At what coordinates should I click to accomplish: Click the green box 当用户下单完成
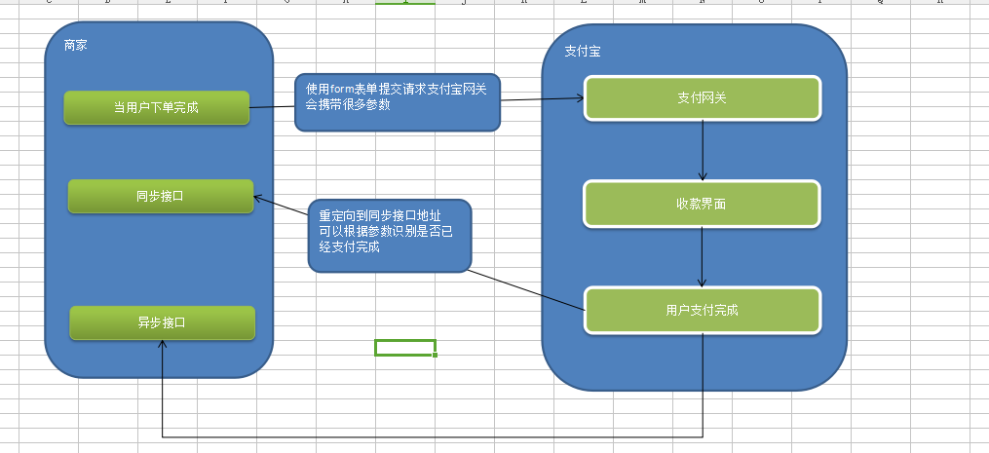(156, 107)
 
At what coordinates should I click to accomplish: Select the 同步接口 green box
(160, 196)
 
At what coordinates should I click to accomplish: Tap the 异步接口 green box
(162, 322)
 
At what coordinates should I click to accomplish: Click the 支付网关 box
(702, 97)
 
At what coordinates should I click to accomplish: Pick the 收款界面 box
(702, 204)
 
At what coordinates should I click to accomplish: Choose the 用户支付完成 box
(702, 311)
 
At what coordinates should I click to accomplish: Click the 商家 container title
(75, 46)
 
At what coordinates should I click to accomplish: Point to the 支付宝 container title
(582, 52)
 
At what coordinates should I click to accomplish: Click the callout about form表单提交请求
(398, 102)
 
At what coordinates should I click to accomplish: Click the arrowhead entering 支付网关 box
(579, 97)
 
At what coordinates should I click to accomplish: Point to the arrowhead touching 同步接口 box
(258, 198)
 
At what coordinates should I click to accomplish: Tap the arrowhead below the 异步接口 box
(163, 345)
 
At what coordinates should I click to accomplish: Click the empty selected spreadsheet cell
(404, 348)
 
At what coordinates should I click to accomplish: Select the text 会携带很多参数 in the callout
(348, 105)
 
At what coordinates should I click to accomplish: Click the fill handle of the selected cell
(435, 356)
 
